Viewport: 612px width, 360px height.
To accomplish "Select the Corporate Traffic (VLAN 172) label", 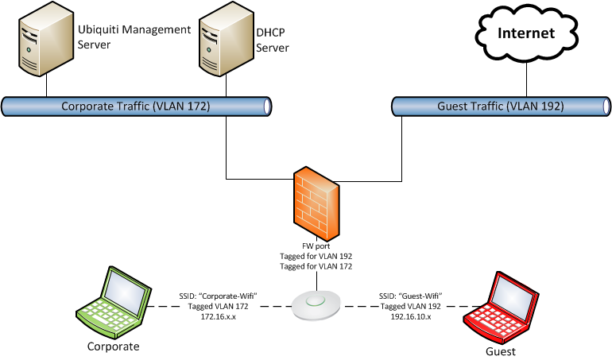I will (x=135, y=105).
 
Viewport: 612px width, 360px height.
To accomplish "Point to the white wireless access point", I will (x=317, y=305).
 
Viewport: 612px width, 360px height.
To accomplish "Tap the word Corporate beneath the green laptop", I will (x=114, y=346).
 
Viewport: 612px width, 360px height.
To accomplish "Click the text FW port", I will (x=316, y=246).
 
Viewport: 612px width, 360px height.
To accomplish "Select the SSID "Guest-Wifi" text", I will (x=411, y=296).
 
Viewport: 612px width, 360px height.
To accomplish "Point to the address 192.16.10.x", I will (x=411, y=315).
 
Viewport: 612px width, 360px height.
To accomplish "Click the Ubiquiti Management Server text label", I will (x=134, y=37).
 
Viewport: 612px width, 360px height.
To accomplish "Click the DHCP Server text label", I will (x=272, y=41).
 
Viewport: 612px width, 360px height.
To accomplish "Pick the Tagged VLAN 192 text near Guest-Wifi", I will (x=411, y=306).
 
